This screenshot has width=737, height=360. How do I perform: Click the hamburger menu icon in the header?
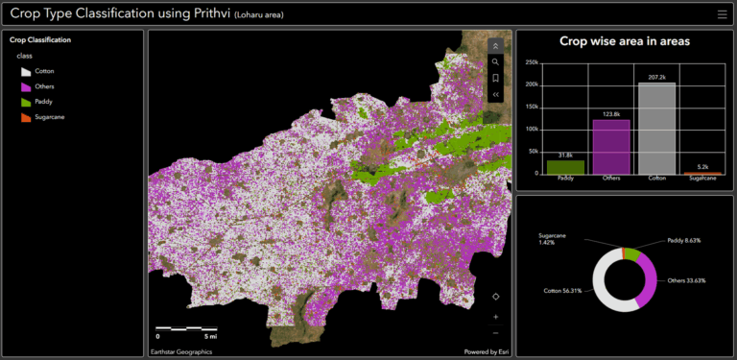(x=722, y=14)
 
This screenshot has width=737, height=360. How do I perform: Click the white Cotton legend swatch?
(x=26, y=71)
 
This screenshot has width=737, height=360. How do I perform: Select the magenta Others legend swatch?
(x=26, y=86)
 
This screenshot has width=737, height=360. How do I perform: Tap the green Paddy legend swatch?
(x=26, y=102)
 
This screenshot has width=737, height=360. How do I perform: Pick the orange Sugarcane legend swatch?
(x=26, y=117)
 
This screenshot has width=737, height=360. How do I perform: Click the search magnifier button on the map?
(x=495, y=61)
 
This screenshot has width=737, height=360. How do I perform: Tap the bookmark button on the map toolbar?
(x=495, y=78)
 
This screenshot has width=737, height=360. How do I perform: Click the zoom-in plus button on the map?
(x=495, y=316)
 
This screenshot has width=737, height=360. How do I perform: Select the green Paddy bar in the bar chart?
(x=565, y=166)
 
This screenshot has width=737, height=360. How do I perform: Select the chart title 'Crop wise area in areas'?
(x=625, y=41)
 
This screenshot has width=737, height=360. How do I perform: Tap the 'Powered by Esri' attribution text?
(x=487, y=352)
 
